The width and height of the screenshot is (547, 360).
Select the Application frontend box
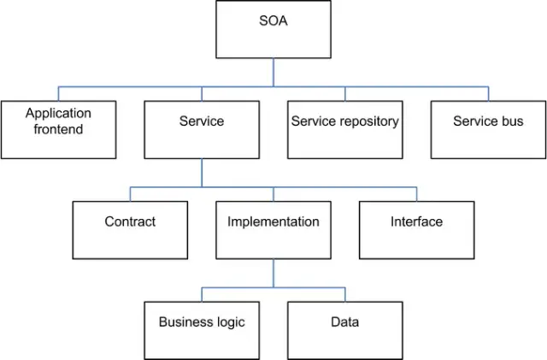(x=58, y=130)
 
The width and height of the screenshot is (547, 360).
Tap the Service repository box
(x=344, y=130)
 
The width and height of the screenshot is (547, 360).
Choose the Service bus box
(x=488, y=130)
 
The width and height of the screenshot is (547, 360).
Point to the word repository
(x=368, y=121)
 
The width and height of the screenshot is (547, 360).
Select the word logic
(x=229, y=322)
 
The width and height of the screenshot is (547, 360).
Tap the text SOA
(x=273, y=21)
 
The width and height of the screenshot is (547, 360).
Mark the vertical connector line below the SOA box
(x=273, y=72)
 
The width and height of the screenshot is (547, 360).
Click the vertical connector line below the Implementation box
(x=273, y=273)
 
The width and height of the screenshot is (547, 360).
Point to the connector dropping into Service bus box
(x=488, y=94)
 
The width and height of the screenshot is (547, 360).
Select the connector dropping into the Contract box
(x=130, y=194)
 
